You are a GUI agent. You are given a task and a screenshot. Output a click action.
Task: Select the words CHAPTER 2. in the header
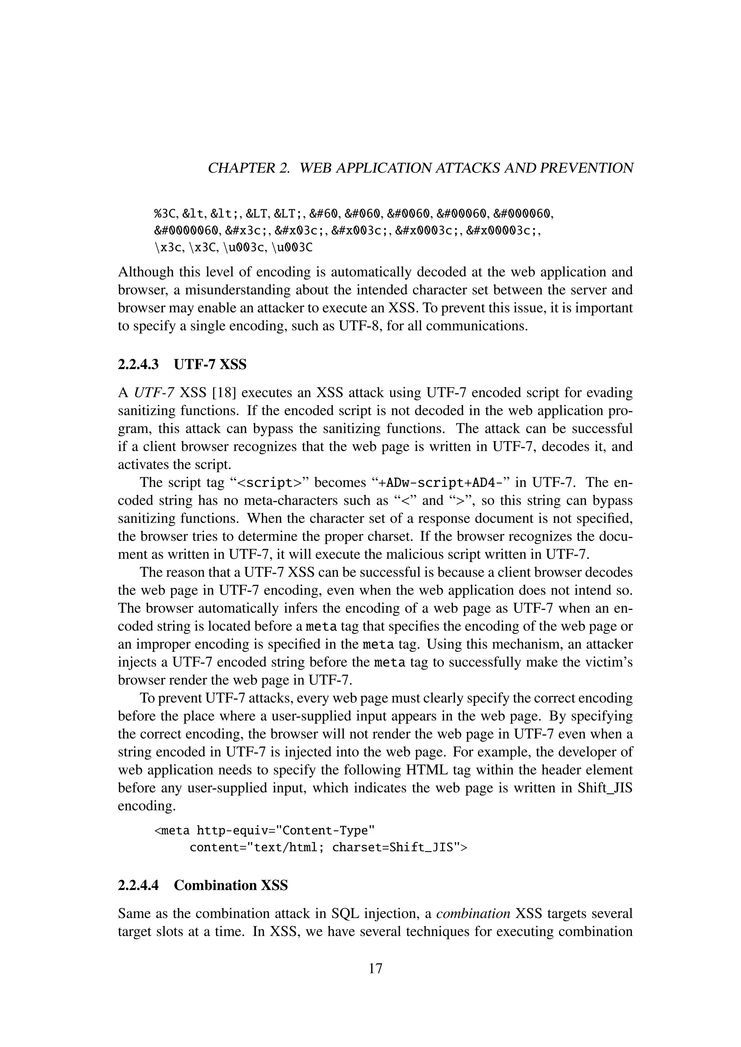(x=249, y=168)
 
